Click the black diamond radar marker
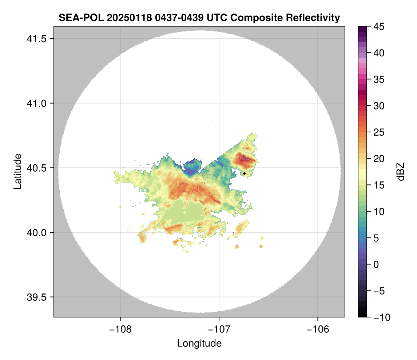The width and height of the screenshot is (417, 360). coord(245,173)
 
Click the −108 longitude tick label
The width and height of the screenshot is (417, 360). coord(120,329)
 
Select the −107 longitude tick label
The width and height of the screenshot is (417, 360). coord(219,329)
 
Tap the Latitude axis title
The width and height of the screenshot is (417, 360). coord(17,171)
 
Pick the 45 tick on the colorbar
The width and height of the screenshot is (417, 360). coord(378,27)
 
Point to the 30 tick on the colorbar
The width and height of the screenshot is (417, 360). coord(378,106)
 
